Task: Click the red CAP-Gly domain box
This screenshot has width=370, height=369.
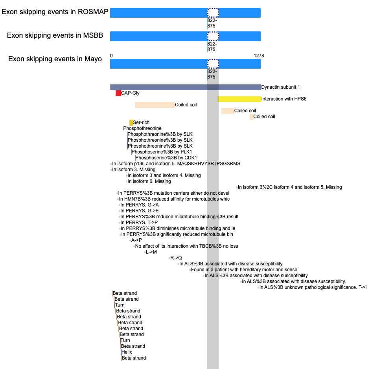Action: pos(118,93)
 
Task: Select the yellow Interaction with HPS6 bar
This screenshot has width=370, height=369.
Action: pos(239,99)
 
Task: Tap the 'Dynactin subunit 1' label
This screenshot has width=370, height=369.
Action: pos(280,87)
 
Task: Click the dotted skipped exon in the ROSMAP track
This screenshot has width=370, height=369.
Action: pos(213,13)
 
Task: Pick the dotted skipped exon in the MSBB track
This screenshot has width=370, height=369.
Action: pos(213,36)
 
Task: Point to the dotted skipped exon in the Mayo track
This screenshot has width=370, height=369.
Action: pos(213,64)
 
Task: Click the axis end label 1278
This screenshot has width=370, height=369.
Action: pos(259,56)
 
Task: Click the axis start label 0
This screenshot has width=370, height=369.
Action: pos(111,56)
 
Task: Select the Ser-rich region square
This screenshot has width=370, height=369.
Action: pos(131,122)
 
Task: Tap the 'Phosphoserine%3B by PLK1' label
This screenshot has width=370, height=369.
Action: pos(162,152)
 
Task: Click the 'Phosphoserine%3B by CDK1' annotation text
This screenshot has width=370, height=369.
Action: pos(166,158)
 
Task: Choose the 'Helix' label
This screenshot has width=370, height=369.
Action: pos(127,352)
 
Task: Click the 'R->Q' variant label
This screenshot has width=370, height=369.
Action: pos(176,258)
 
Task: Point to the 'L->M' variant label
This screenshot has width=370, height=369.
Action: pos(151,252)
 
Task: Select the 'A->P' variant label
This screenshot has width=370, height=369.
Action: pos(136,240)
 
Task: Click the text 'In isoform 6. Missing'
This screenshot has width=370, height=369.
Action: pos(149,181)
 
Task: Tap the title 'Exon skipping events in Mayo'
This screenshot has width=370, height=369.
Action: pos(55,59)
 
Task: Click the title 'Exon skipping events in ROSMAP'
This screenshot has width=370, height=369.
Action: pos(55,12)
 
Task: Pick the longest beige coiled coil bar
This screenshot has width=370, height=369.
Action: pos(155,105)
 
